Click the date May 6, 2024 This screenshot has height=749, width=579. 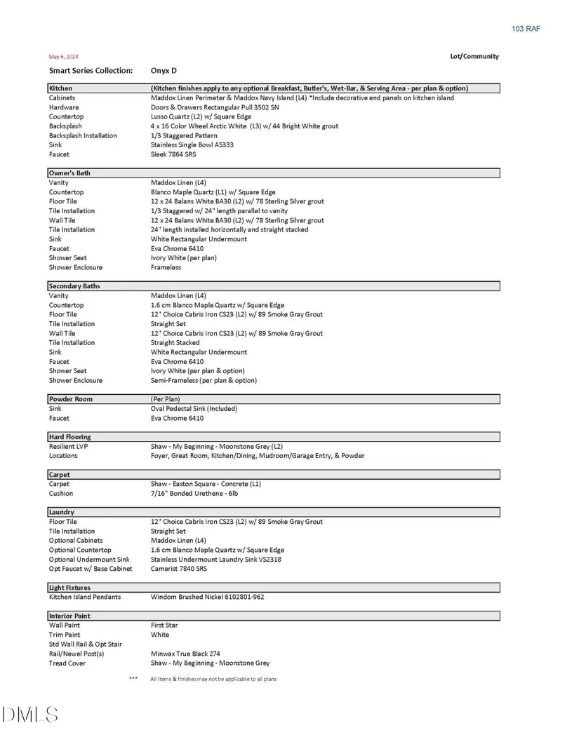pyautogui.click(x=63, y=56)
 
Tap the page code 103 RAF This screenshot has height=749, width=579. pyautogui.click(x=526, y=29)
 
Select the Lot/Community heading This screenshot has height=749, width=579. pyautogui.click(x=474, y=56)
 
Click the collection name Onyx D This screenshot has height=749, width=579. pyautogui.click(x=164, y=71)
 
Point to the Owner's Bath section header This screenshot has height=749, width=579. pyautogui.click(x=69, y=173)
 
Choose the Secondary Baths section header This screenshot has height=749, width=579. pyautogui.click(x=74, y=286)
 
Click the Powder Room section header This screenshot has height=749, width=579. pyautogui.click(x=70, y=399)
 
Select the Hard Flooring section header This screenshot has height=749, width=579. pyautogui.click(x=69, y=437)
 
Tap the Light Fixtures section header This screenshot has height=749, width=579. pyautogui.click(x=69, y=588)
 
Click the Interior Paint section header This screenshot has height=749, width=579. pyautogui.click(x=69, y=616)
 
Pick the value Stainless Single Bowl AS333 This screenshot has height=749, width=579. pyautogui.click(x=192, y=145)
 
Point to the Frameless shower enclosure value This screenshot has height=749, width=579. pyautogui.click(x=166, y=267)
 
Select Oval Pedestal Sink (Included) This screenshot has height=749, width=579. pyautogui.click(x=194, y=408)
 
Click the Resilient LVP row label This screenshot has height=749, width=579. pyautogui.click(x=68, y=446)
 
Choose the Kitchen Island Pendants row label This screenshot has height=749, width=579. pyautogui.click(x=85, y=597)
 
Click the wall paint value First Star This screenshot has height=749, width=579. pyautogui.click(x=164, y=625)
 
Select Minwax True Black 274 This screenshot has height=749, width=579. pyautogui.click(x=185, y=654)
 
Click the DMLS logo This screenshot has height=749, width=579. pyautogui.click(x=29, y=715)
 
